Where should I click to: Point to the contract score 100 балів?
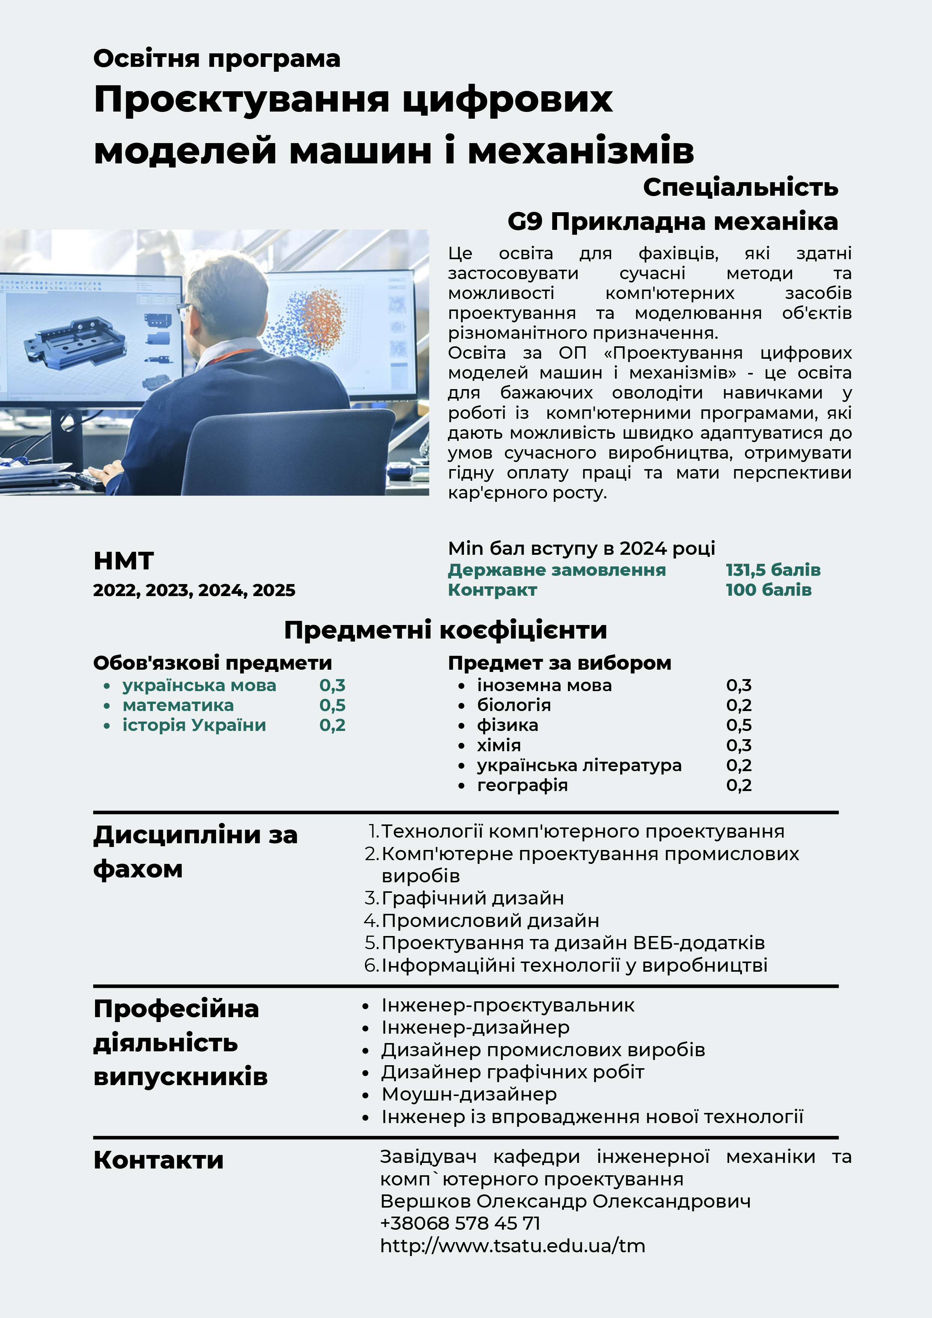pyautogui.click(x=768, y=590)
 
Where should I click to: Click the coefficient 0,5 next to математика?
pyautogui.click(x=332, y=705)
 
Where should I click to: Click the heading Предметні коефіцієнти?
pyautogui.click(x=446, y=630)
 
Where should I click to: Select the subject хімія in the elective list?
pyautogui.click(x=498, y=745)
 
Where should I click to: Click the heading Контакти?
pyautogui.click(x=159, y=1159)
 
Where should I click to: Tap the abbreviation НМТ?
pyautogui.click(x=124, y=561)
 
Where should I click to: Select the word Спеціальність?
pyautogui.click(x=740, y=187)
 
